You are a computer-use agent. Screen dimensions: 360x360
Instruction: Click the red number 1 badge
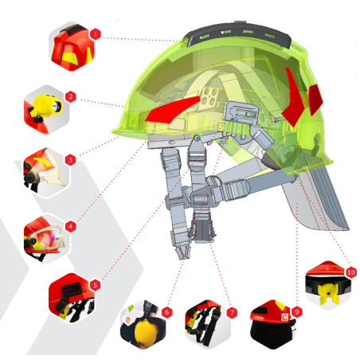pos(96,34)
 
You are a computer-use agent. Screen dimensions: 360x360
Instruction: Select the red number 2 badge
pos(71,96)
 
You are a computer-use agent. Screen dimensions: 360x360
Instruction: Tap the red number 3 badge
pos(70,160)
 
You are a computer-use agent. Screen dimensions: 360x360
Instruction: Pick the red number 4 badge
pos(71,227)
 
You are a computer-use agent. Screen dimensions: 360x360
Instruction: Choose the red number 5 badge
pos(96,285)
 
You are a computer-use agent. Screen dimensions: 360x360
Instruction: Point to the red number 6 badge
pos(166,312)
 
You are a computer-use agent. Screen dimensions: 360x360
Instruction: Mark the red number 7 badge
pos(232,313)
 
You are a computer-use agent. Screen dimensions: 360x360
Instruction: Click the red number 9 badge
pos(297,311)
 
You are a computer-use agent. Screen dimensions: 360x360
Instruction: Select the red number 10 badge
pos(351,272)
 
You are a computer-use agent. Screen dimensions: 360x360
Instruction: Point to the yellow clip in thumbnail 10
pos(330,294)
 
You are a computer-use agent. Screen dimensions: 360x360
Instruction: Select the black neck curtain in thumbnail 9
pos(272,334)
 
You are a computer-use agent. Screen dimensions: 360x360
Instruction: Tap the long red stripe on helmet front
pos(173,110)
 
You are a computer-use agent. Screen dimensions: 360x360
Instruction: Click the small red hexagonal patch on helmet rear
pos(315,100)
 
